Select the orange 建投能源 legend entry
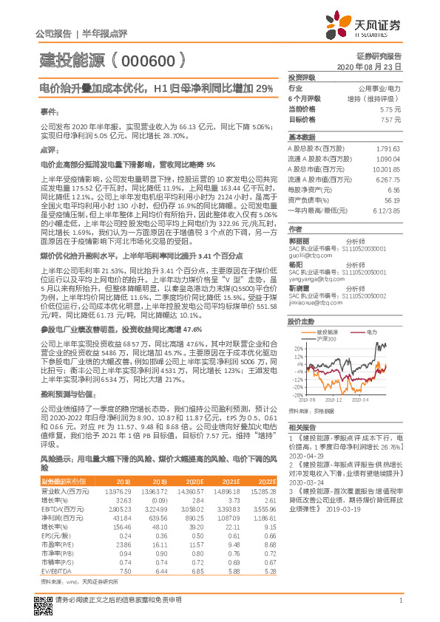click(319, 310)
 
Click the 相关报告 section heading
click(302, 428)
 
